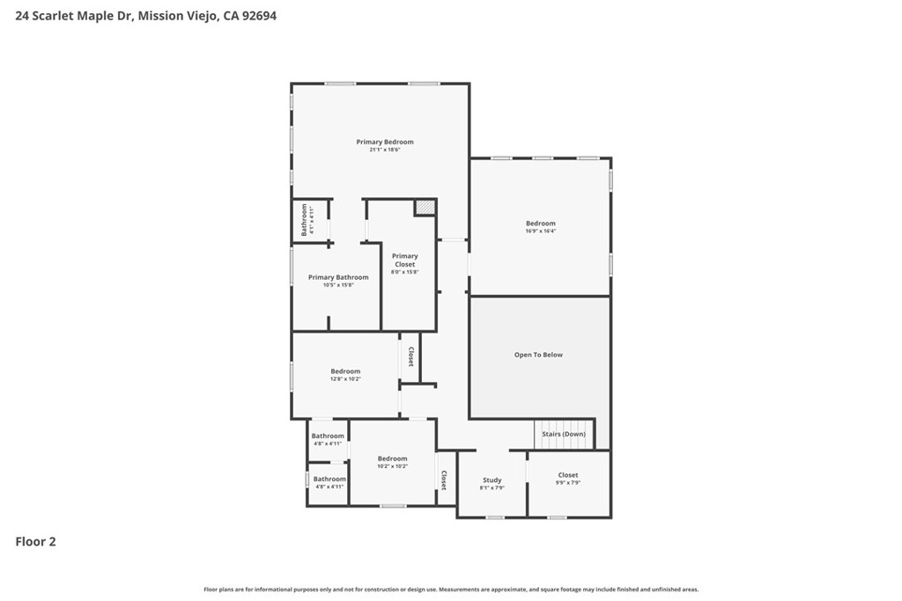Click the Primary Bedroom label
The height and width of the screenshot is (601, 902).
(385, 142)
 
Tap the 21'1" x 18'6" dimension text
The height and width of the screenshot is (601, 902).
(385, 150)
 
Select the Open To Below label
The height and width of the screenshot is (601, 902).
(538, 355)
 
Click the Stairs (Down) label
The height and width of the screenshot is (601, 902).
(564, 434)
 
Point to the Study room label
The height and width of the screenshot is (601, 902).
(492, 480)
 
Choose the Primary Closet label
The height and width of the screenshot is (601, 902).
(405, 260)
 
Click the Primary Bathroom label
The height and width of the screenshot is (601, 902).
(338, 277)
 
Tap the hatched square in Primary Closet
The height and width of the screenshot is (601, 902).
(425, 207)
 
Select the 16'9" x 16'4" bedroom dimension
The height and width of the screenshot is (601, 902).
(541, 232)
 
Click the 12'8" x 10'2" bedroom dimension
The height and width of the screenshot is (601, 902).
(345, 379)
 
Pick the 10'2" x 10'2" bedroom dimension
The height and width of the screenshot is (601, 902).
(393, 466)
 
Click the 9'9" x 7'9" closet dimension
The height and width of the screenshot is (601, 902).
(568, 483)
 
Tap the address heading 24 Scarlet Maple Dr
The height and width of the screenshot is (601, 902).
(75, 16)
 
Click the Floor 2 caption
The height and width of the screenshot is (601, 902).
(35, 542)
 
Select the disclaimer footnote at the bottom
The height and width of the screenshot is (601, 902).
(451, 590)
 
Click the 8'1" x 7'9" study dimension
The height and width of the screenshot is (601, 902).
(492, 488)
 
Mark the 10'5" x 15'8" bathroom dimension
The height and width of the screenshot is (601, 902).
(338, 285)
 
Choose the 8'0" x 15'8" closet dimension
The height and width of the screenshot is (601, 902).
(405, 273)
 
